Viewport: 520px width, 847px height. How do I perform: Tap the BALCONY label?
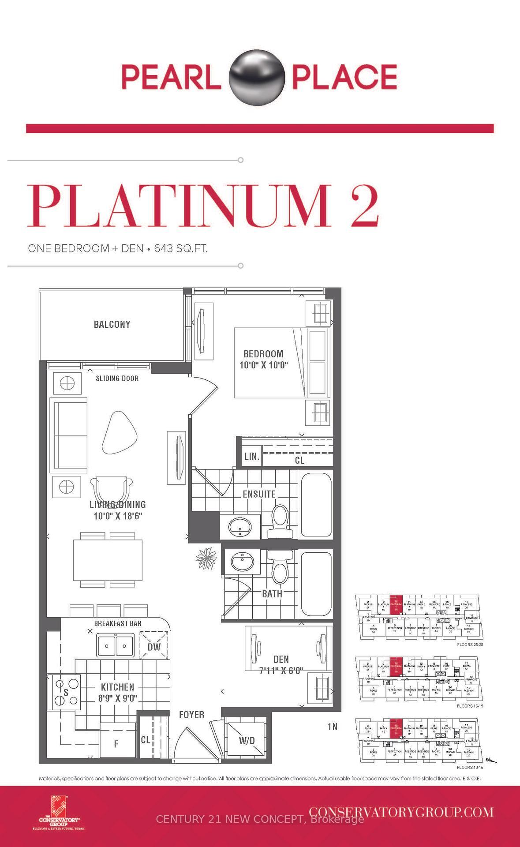tap(112, 325)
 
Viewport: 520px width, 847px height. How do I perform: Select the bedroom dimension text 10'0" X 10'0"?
tap(263, 365)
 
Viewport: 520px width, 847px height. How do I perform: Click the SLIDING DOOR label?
tap(117, 379)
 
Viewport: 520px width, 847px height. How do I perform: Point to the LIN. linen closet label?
tap(252, 457)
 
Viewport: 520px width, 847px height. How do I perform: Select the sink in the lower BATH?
tap(242, 562)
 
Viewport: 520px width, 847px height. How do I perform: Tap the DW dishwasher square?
tap(154, 646)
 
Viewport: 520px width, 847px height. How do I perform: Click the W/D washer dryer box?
tap(247, 740)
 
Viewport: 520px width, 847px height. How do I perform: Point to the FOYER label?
tap(191, 715)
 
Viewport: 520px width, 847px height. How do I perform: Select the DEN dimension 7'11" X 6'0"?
tap(281, 671)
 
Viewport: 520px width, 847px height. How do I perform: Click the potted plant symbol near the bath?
tap(206, 558)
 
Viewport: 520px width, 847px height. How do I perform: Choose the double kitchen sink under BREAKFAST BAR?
tap(116, 645)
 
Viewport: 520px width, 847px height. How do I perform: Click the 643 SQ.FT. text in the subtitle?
tap(181, 248)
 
